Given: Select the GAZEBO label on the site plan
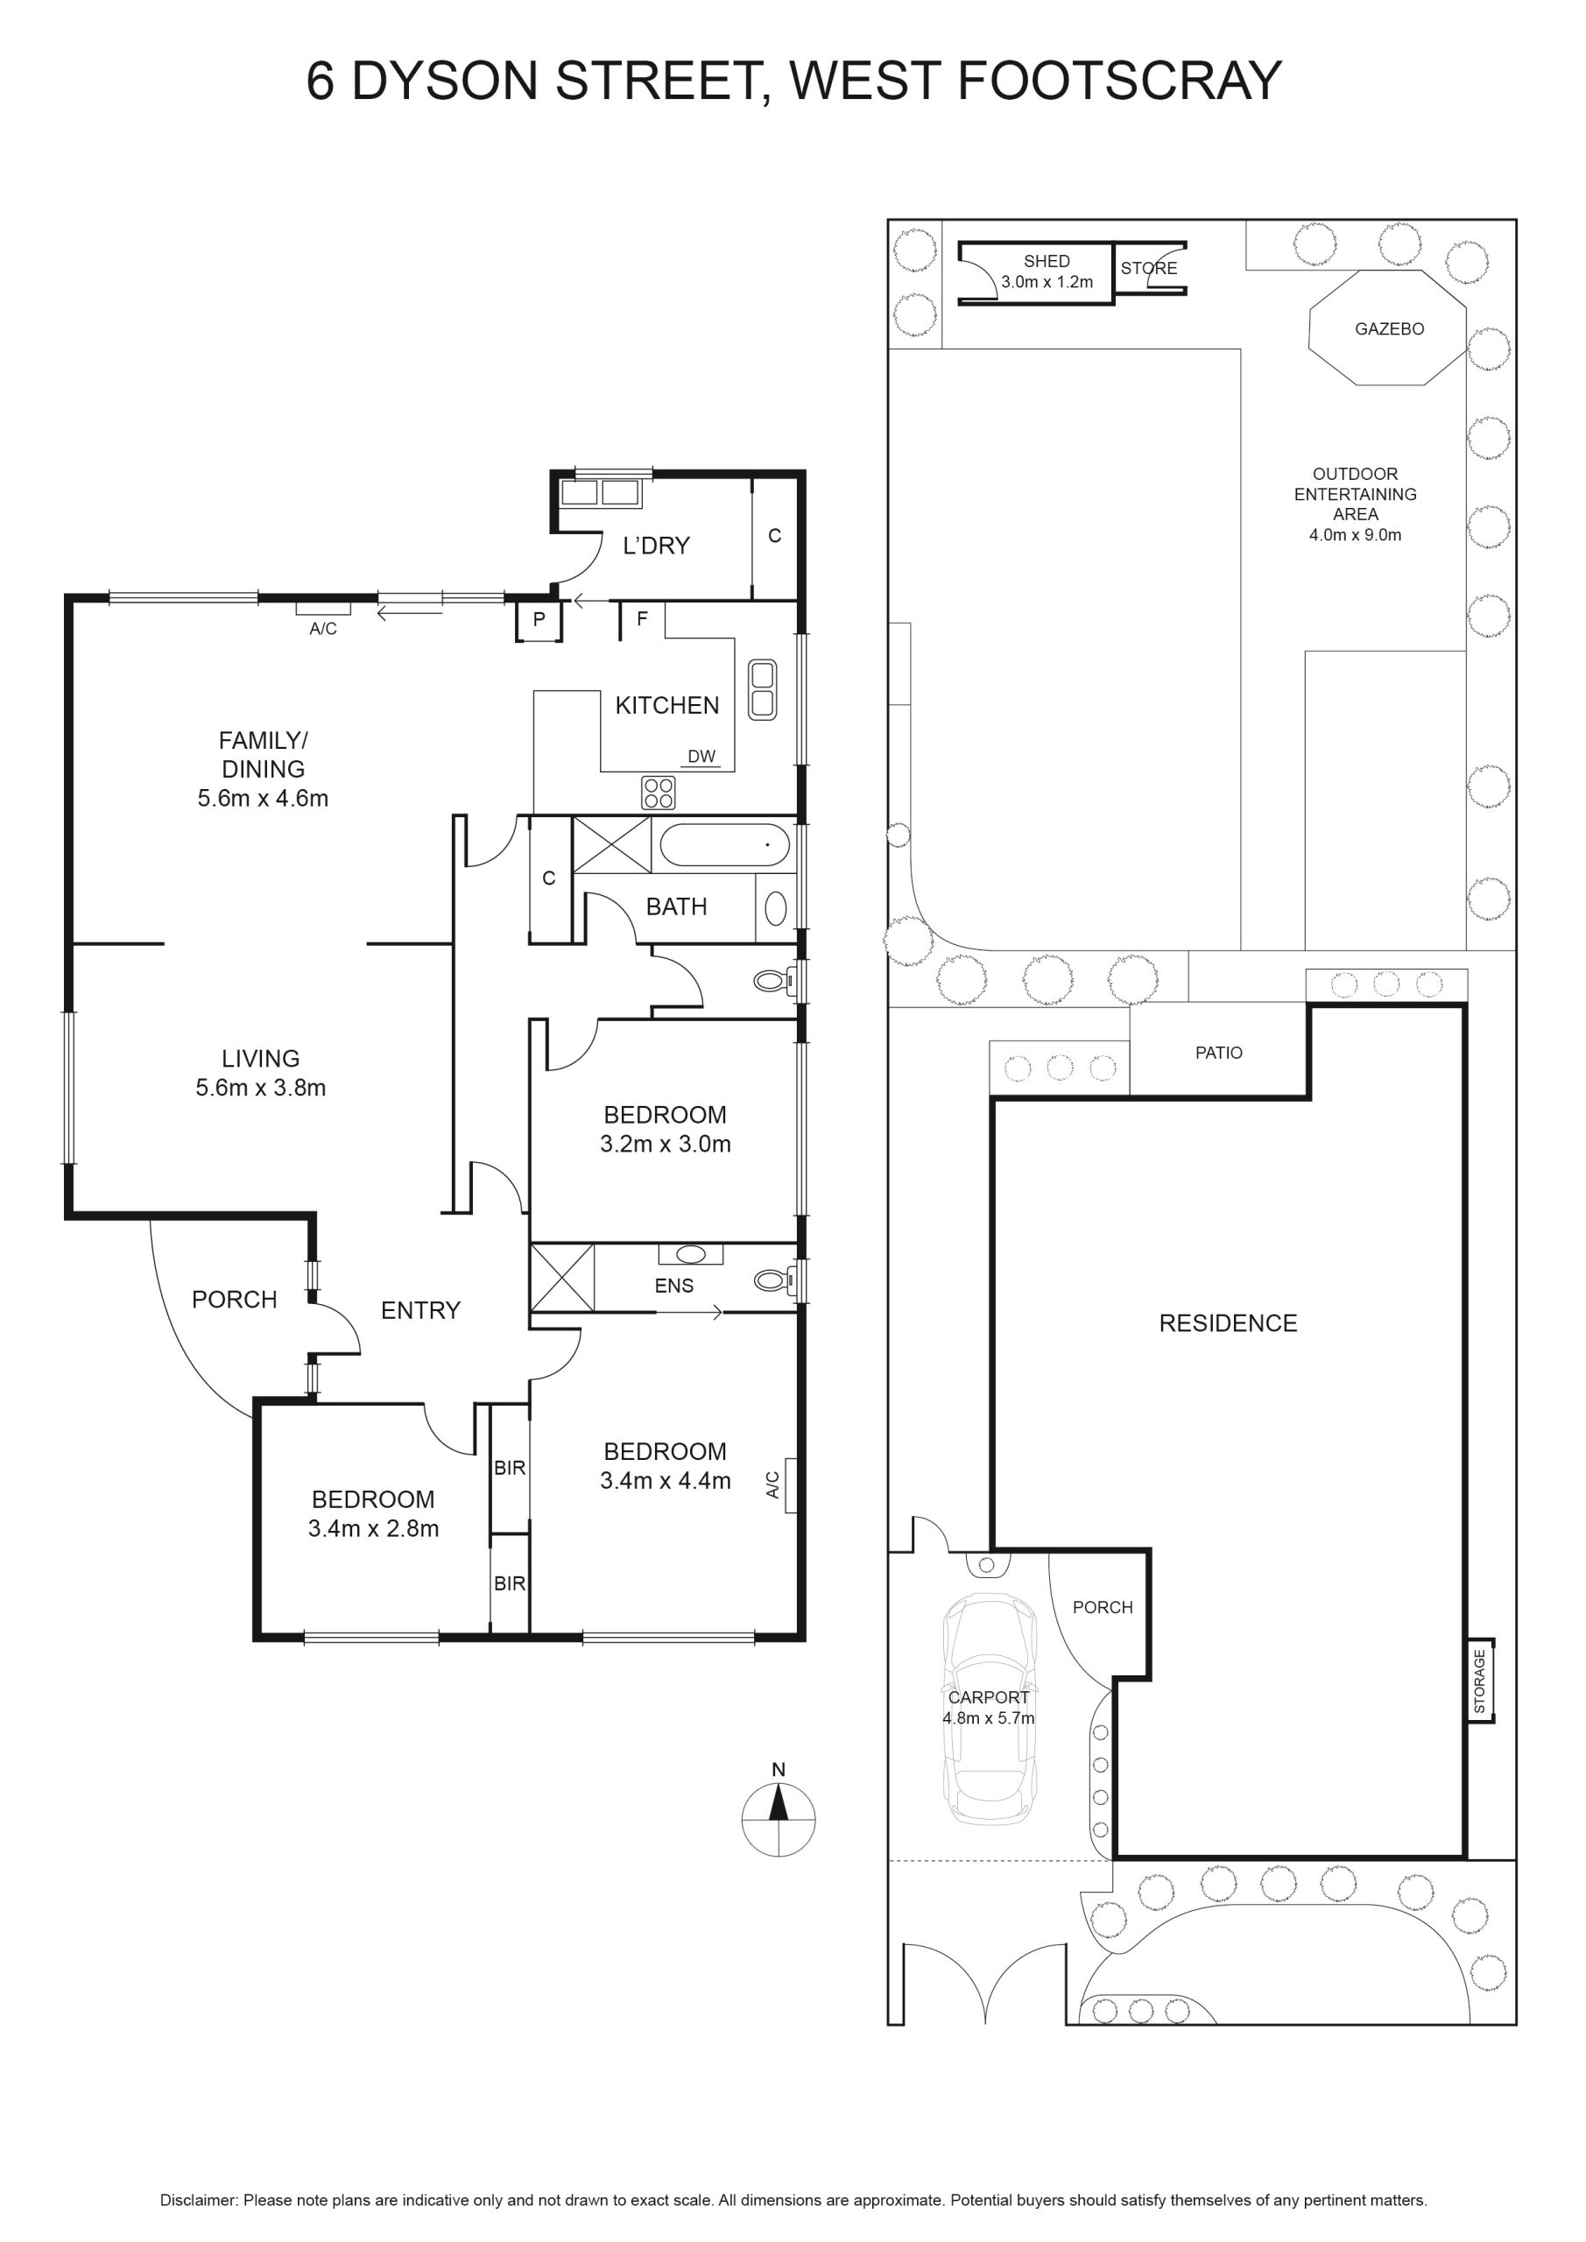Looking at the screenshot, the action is [1389, 329].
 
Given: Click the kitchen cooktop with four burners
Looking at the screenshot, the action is [659, 792].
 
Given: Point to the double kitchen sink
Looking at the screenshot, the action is [762, 689].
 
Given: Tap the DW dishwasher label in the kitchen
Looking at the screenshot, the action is [701, 756].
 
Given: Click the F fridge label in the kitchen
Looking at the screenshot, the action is [642, 618].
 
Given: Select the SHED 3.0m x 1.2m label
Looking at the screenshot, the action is [1046, 271].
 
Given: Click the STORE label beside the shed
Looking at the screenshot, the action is [1148, 268].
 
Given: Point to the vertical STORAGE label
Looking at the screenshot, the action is [1479, 1681].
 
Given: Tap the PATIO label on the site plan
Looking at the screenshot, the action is [1219, 1053].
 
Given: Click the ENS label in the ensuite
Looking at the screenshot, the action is [673, 1286].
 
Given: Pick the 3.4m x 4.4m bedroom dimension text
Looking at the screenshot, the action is [665, 1480].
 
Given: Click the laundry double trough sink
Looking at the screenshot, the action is [600, 492].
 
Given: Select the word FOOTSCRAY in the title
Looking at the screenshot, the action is [1119, 81].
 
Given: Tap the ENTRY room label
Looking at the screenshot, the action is [420, 1310].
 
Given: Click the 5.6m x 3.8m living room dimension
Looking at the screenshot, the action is [261, 1088].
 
